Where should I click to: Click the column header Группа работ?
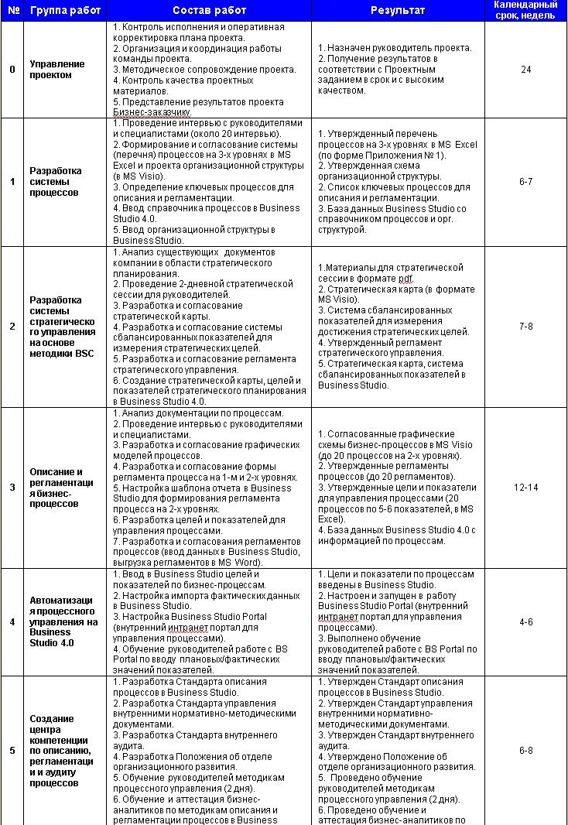point(62,11)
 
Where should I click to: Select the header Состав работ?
point(209,11)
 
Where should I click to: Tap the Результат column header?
point(398,11)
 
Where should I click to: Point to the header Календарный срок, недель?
point(525,11)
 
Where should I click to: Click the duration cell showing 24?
point(525,70)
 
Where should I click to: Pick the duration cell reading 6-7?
point(525,182)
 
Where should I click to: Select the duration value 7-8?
point(525,327)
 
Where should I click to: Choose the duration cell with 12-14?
point(525,488)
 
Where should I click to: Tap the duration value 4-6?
point(525,621)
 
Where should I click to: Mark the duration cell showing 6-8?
point(525,750)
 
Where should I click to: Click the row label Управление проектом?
point(51,70)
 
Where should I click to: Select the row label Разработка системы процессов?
point(54,182)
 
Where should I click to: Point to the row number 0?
point(12,70)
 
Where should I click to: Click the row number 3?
point(12,488)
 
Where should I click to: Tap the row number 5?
point(12,750)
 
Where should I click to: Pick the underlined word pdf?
point(406,278)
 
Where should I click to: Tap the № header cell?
point(12,11)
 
